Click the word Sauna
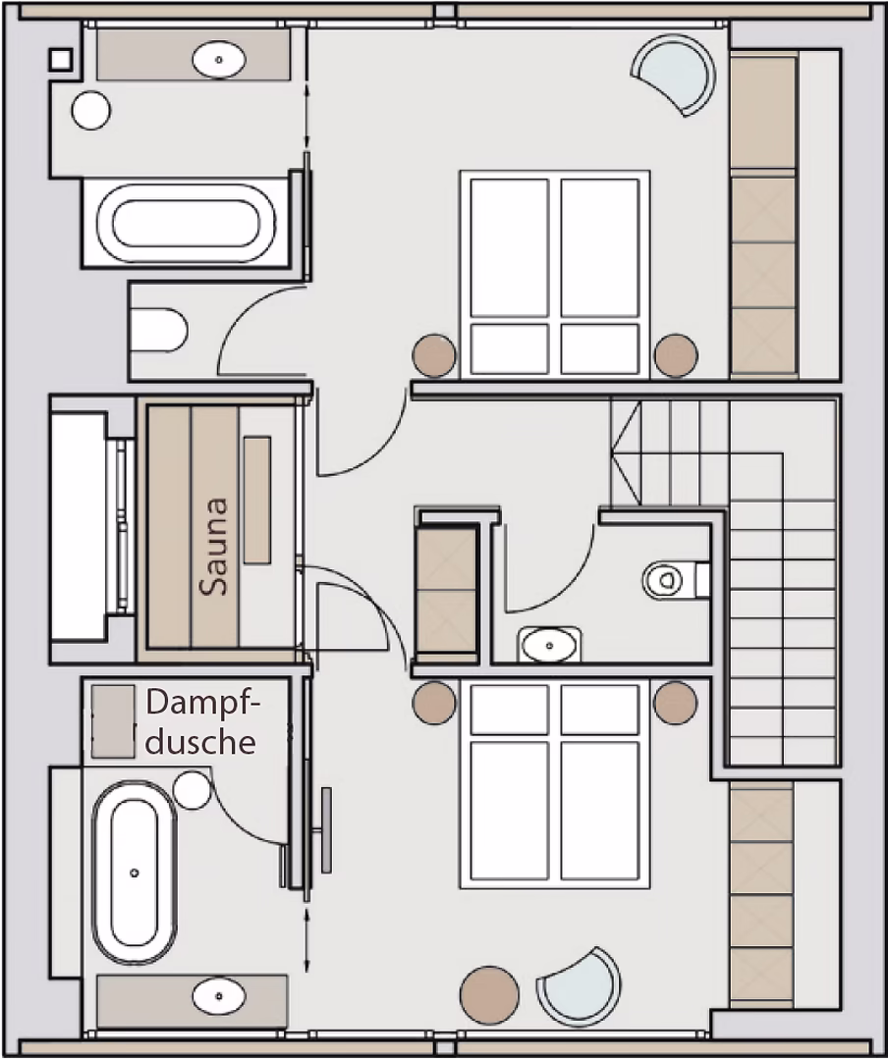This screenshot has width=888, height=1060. pos(214,547)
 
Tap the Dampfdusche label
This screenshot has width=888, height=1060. pos(201,722)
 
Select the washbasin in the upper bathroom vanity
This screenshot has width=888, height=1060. pos(219,60)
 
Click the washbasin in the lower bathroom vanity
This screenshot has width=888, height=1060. pos(219,996)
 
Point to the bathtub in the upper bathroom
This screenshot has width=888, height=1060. pos(186,223)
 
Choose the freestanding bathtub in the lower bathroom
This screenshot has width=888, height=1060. pos(134,873)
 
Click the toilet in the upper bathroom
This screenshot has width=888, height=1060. pos(158,330)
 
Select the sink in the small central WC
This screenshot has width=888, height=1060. pos(549,644)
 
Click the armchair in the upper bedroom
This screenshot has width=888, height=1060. pos(674,74)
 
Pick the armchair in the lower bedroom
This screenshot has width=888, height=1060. pos(580,987)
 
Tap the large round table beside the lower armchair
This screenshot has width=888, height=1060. pos(489,995)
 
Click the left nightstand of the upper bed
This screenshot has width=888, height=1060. pos(434,355)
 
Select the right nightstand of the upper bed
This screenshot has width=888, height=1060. pos(676,355)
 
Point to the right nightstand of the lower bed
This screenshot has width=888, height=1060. pos(676,703)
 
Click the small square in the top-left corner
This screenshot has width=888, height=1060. pos(60,60)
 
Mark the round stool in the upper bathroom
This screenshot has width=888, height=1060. pos(90,110)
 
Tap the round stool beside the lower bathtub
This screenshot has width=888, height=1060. pos(193,790)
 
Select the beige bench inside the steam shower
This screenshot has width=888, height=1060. pos(113,721)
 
